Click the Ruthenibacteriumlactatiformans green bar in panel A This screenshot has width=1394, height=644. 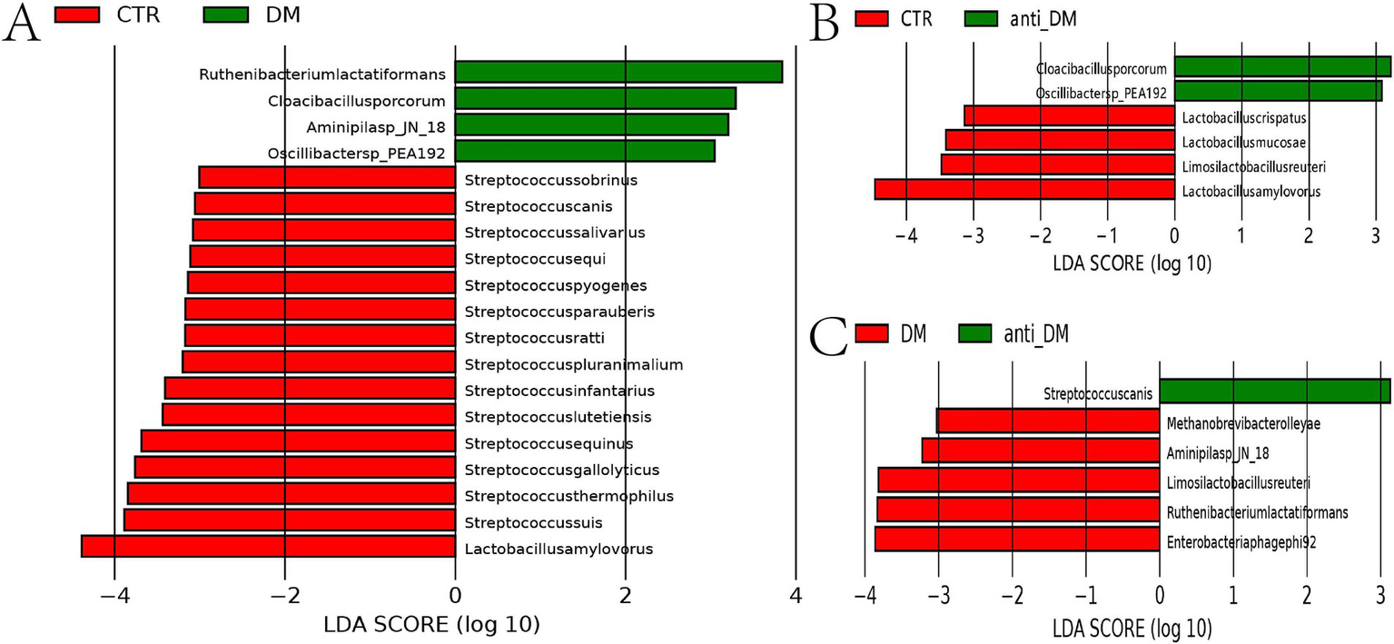point(618,73)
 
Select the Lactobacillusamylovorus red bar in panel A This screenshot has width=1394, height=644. point(268,547)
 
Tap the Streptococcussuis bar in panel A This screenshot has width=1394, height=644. point(289,520)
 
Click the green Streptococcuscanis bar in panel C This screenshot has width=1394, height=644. point(1274,391)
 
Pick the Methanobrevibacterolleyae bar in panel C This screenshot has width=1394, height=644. point(1048,421)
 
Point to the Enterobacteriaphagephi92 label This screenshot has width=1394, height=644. point(1241,541)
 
